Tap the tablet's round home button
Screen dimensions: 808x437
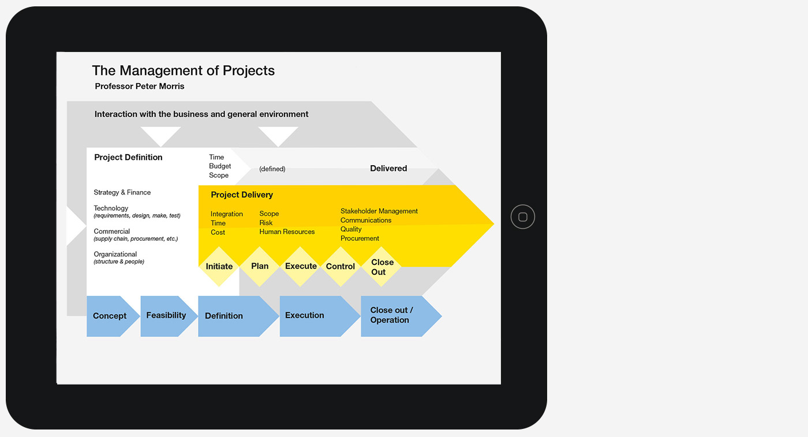coord(523,217)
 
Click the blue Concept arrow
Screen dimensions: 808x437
coord(113,316)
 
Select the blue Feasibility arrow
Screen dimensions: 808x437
coord(169,316)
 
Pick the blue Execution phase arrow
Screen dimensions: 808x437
coord(320,316)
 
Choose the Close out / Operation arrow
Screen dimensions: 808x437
coord(401,316)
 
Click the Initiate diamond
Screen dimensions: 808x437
coord(219,267)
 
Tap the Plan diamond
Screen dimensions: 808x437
coord(260,267)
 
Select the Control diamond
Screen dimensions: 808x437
coord(341,267)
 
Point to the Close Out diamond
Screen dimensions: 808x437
coord(381,267)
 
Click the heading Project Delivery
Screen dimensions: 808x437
coord(242,195)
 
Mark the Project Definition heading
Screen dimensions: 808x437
coord(128,158)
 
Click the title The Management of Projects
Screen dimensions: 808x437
coord(184,71)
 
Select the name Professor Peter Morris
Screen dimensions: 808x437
coord(140,86)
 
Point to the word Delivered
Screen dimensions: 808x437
coord(388,168)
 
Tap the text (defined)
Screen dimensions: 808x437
coord(272,169)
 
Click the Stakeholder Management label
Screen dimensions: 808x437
coord(379,211)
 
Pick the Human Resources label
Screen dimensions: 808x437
coord(287,231)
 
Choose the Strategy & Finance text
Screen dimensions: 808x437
coord(122,192)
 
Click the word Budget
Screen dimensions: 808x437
coord(220,166)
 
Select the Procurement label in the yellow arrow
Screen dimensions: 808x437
coord(360,238)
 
